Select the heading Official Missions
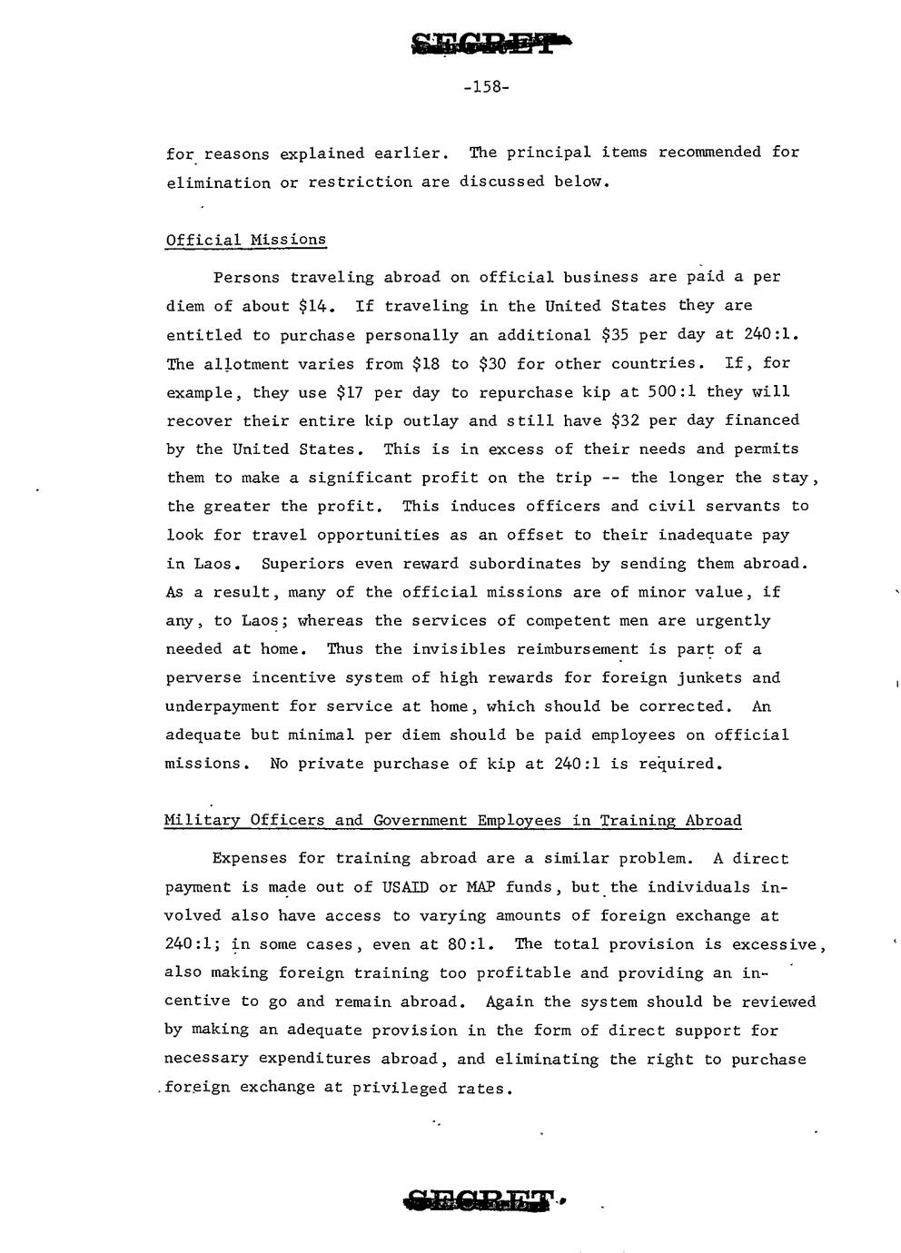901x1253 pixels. pos(245,240)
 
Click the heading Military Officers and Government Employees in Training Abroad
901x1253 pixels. pos(452,821)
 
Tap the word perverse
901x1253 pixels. pos(203,678)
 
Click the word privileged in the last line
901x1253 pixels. pos(396,1088)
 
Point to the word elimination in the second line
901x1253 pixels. pos(218,183)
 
